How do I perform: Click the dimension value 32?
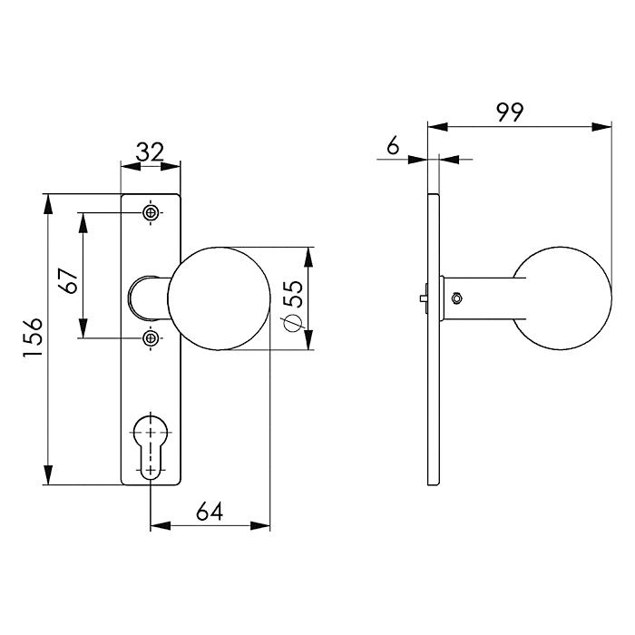coord(150,151)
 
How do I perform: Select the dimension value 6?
coord(392,145)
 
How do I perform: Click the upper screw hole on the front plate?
coord(151,213)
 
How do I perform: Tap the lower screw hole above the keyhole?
coord(151,339)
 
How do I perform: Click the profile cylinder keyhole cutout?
coord(151,444)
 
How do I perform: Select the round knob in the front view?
coord(219,298)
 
